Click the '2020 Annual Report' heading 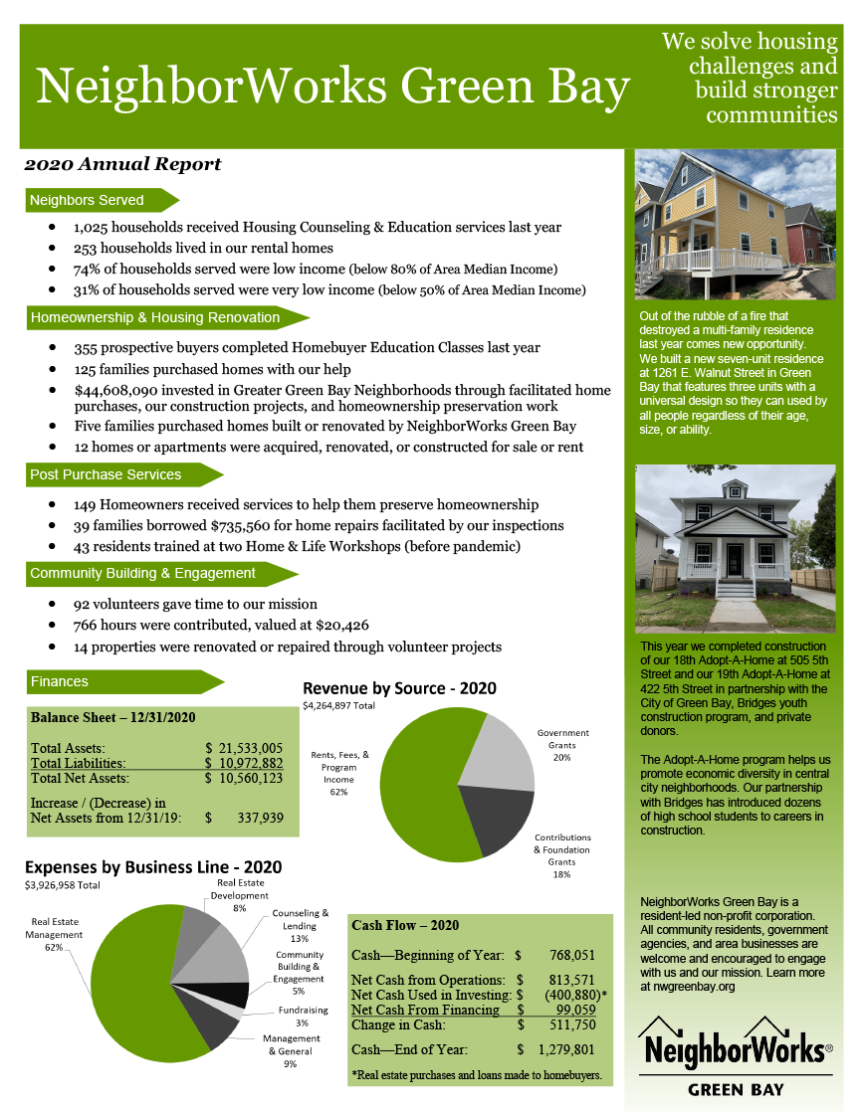pos(122,164)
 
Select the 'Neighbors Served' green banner pos(88,200)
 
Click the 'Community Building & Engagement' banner pos(143,573)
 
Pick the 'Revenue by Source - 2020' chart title pos(399,688)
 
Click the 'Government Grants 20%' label pos(562,745)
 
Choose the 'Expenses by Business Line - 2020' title pos(153,867)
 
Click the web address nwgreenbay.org pos(687,986)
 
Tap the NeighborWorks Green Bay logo pos(735,1054)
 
